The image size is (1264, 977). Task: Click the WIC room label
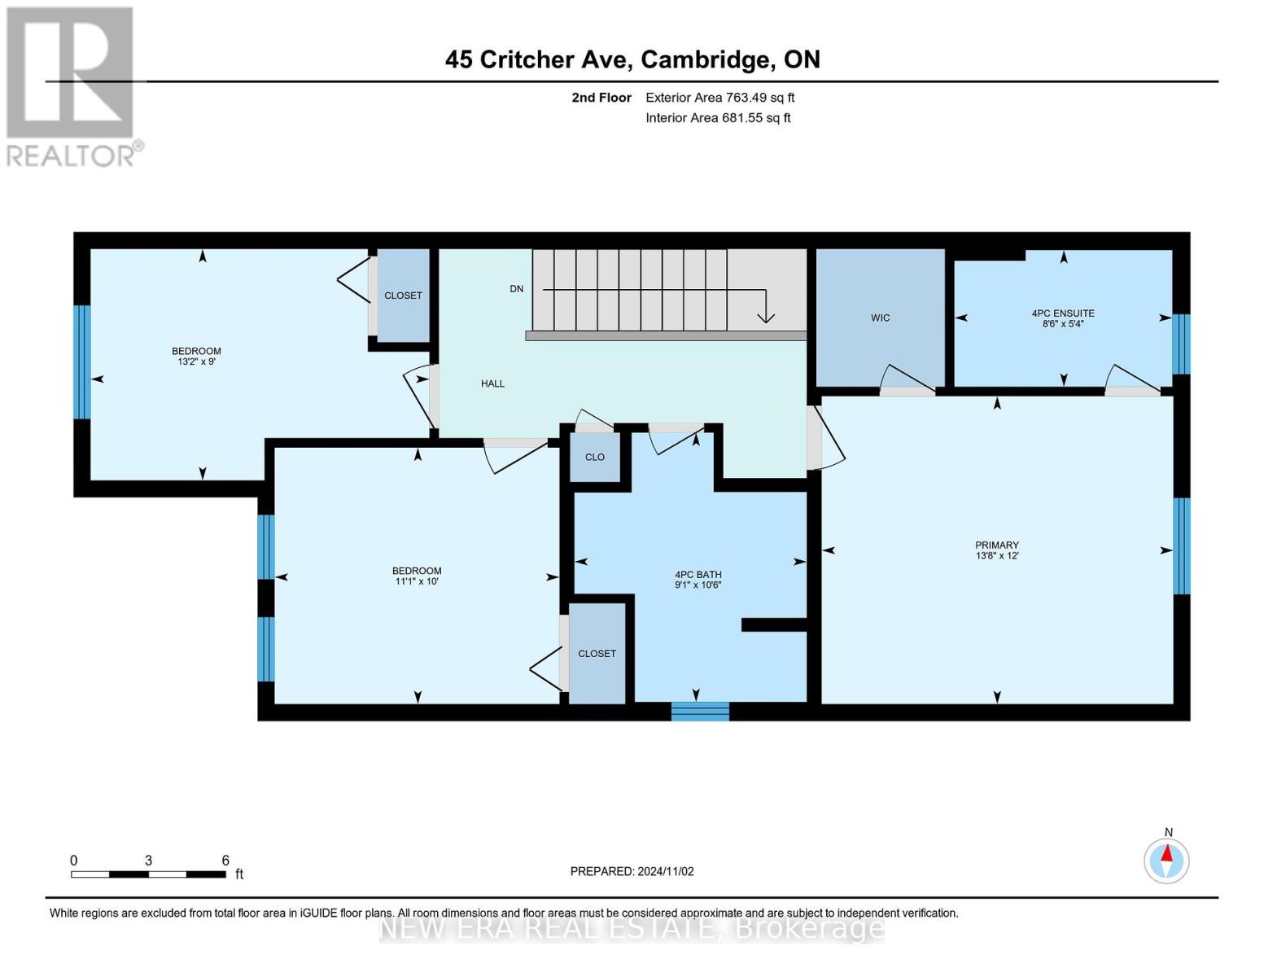tap(880, 318)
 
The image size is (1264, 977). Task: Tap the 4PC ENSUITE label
tap(1063, 313)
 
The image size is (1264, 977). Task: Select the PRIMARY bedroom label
tap(997, 545)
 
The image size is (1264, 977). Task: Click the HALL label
tap(492, 383)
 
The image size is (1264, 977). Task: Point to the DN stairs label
tap(517, 288)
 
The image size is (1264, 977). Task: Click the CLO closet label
tap(594, 457)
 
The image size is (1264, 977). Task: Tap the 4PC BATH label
tap(698, 574)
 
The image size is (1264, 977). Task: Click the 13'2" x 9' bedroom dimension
tap(197, 361)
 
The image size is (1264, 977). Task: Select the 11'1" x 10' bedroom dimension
tap(417, 581)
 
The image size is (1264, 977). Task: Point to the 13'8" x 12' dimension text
tap(997, 556)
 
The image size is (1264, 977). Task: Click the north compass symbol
tap(1166, 861)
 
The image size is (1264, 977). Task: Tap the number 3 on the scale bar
tap(148, 860)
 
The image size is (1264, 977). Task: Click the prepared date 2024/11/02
tap(666, 871)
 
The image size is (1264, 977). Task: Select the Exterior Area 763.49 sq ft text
tap(720, 98)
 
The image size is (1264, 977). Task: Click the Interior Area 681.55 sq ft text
tap(719, 117)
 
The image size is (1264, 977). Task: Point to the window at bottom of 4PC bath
tap(700, 711)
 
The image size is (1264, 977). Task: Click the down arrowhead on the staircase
tap(766, 318)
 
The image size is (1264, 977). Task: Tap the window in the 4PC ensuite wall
tap(1181, 344)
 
